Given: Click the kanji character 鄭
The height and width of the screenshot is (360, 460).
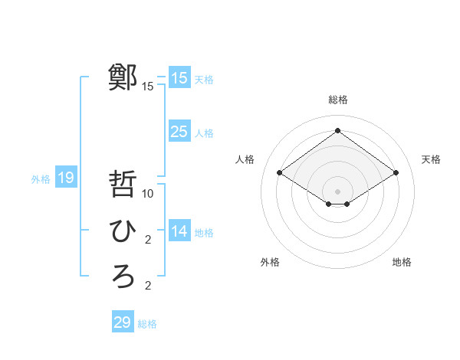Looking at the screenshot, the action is click(x=123, y=77).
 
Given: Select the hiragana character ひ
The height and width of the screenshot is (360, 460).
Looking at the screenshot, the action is click(x=123, y=231).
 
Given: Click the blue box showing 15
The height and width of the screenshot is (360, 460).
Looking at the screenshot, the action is click(x=179, y=77).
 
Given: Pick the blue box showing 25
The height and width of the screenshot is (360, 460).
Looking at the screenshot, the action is click(x=179, y=131).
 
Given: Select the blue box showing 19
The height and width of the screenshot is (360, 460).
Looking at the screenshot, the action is click(x=66, y=178).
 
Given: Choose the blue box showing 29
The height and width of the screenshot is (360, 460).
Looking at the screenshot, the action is click(x=122, y=322).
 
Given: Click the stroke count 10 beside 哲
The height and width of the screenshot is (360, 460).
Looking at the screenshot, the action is click(x=149, y=194).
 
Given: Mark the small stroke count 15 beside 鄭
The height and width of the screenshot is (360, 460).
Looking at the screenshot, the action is click(x=148, y=87).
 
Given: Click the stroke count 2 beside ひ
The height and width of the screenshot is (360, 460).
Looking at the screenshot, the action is click(x=148, y=240).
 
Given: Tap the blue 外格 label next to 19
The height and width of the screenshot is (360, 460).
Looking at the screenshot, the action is click(x=41, y=179).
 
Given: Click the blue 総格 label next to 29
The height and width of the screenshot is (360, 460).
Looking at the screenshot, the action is click(x=147, y=324).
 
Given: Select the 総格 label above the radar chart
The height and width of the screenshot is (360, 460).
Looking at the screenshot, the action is click(x=337, y=100).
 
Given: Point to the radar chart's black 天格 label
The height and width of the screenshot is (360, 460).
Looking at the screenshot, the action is click(x=432, y=159).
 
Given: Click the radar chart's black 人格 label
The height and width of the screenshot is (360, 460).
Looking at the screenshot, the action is click(x=245, y=159).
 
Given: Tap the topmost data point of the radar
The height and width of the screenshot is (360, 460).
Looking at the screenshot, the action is click(x=337, y=131).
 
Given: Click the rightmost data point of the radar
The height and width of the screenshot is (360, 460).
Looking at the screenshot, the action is click(x=396, y=173).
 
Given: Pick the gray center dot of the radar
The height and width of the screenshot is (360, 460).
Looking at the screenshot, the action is click(x=337, y=190).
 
